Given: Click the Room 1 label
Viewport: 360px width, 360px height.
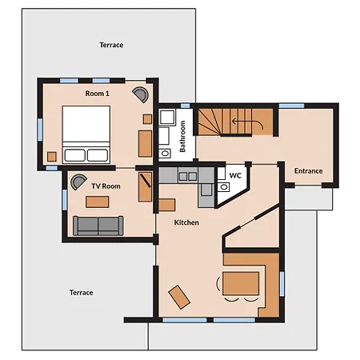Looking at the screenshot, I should coord(97,93).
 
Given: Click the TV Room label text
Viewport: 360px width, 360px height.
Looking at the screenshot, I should coord(105,186).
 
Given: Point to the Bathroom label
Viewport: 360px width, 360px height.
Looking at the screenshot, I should coord(182,136).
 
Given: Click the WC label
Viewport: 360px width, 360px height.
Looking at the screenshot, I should coord(235,174).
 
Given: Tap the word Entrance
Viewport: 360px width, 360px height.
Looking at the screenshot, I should coord(308,170).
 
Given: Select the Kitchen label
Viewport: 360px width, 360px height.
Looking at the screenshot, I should coord(186,222).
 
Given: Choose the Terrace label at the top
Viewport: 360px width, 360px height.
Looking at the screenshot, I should coord(111,45).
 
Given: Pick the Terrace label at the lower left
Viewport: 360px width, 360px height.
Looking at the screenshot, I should coord(81,292).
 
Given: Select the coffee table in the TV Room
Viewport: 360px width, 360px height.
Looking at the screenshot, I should coord(98,202).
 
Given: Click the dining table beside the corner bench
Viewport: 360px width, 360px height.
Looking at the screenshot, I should coord(241,284).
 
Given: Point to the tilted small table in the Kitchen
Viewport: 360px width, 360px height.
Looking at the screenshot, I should coord(179,297).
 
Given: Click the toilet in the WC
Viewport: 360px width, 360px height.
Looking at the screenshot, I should coord(223,187).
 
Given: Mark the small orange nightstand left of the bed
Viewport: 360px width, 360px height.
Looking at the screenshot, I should coord(52,154).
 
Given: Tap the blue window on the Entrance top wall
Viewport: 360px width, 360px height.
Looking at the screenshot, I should coord(290,106).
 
